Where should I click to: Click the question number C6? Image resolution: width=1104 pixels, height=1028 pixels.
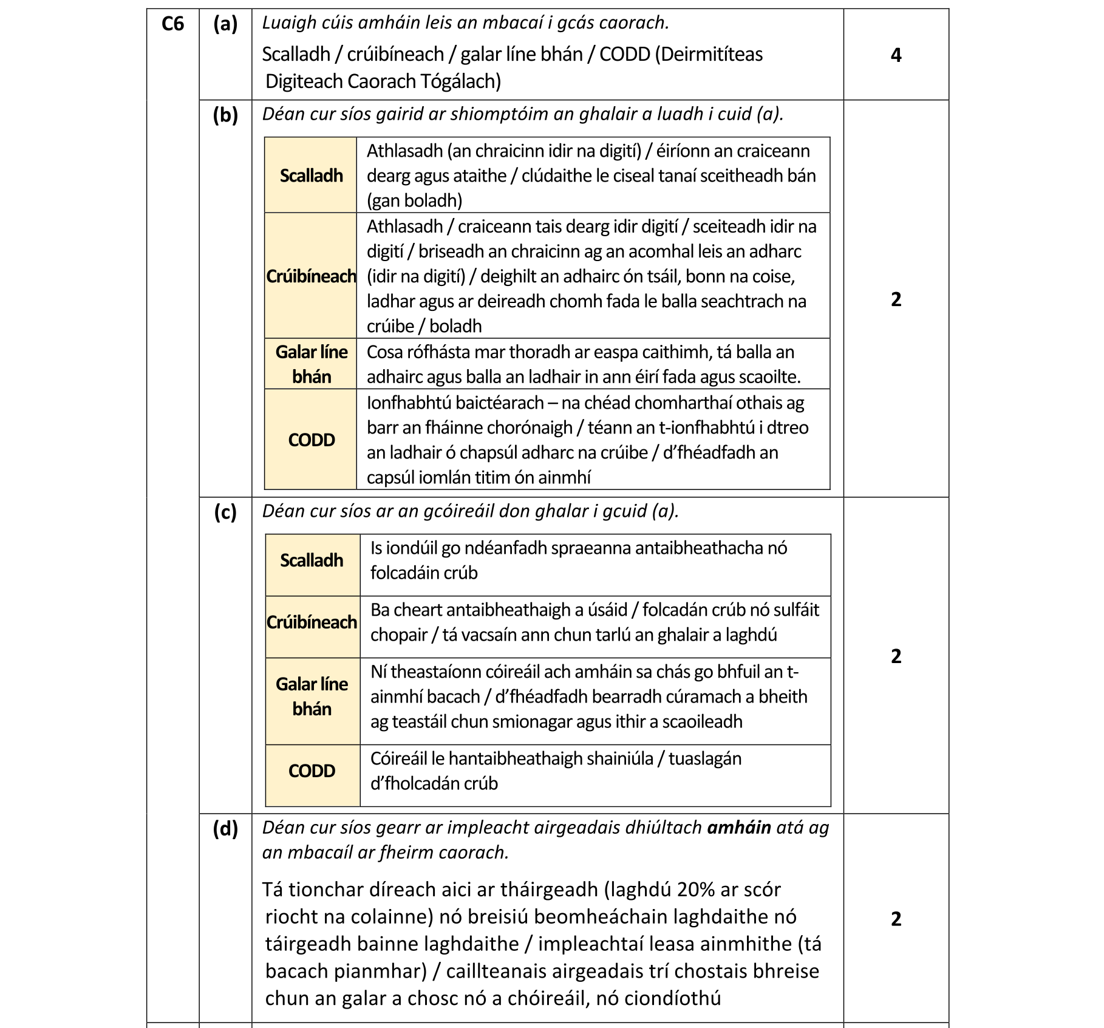pyautogui.click(x=172, y=24)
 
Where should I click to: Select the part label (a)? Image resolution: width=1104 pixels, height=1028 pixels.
pyautogui.click(x=225, y=24)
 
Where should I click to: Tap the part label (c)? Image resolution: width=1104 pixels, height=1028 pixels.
pyautogui.click(x=225, y=512)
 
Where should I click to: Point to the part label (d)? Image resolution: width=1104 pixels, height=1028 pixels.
pyautogui.click(x=225, y=829)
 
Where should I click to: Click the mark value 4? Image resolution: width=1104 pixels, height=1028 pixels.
pyautogui.click(x=896, y=55)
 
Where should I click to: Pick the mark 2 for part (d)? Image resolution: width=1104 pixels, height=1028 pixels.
pyautogui.click(x=896, y=919)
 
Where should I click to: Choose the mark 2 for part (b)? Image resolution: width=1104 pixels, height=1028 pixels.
pyautogui.click(x=896, y=299)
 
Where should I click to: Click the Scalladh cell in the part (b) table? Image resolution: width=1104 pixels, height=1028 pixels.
pyautogui.click(x=311, y=175)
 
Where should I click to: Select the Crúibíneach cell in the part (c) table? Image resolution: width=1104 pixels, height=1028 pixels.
pyautogui.click(x=312, y=622)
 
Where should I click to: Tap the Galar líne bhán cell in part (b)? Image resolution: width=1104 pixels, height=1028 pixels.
pyautogui.click(x=311, y=364)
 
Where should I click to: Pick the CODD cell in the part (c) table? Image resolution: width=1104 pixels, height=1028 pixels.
pyautogui.click(x=312, y=771)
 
